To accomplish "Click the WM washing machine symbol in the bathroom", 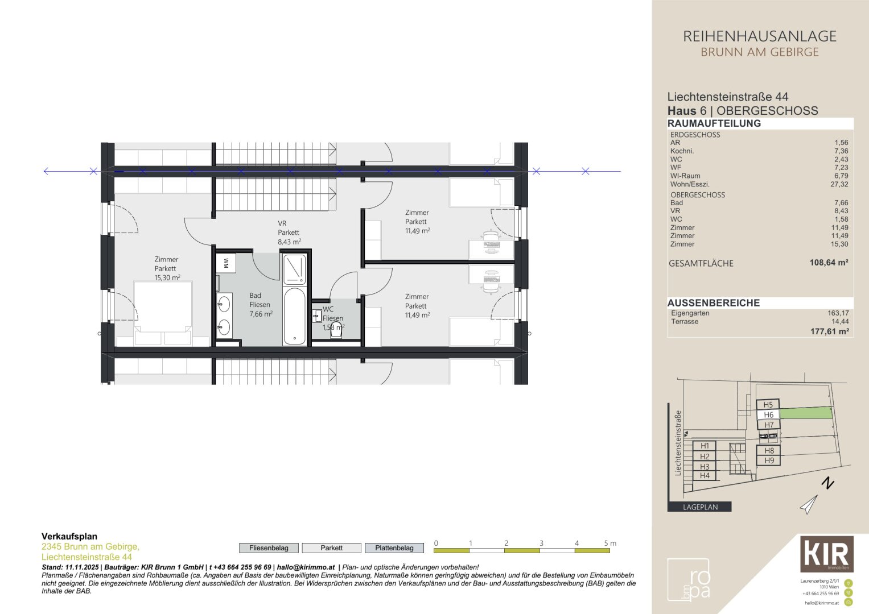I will coord(226,263).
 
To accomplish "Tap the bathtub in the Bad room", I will coord(294,316).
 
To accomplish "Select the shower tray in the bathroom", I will coord(295,269).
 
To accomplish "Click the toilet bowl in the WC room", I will coord(336,331).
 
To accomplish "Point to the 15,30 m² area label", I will coord(167,278).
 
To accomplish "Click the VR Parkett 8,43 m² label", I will coord(289,233).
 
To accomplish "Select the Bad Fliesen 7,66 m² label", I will coord(260,305).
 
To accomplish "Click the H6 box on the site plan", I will coord(768,415).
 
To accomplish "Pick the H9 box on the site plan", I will coord(769,460).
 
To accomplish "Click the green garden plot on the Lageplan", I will coord(805,413).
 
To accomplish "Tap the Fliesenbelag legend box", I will coord(269,548).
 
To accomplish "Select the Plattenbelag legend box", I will coord(394,548).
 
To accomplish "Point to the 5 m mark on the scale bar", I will coord(609,544).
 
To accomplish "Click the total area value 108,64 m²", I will coord(829,263).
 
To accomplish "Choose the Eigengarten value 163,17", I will coord(838,313).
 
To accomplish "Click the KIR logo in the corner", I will coord(827,554).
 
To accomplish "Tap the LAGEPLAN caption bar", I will coord(699,507).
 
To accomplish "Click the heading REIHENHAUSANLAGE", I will coord(759,36).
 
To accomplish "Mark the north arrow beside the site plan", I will coord(809,504).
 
